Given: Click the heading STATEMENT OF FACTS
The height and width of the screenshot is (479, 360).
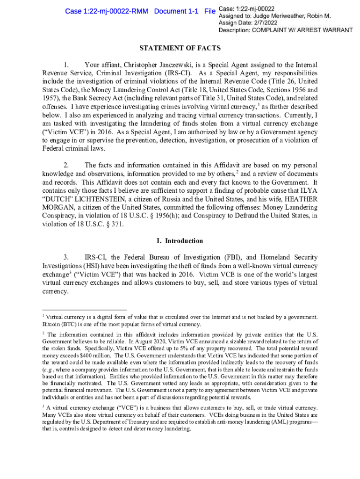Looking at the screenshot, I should coord(180,48).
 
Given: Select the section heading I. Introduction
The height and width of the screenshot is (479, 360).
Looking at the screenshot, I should coord(180,241).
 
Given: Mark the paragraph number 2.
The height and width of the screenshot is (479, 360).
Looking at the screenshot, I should coord(66,165).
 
